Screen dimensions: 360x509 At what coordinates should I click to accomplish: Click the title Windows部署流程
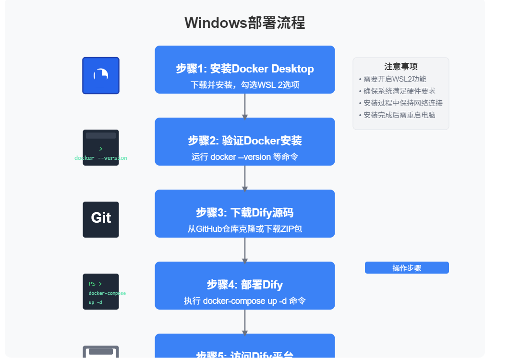(x=244, y=23)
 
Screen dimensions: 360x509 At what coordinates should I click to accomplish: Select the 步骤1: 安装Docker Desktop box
(x=244, y=69)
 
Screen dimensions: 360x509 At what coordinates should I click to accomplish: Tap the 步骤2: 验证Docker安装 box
(x=244, y=141)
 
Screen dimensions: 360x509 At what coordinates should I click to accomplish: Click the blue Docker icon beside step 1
(x=101, y=75)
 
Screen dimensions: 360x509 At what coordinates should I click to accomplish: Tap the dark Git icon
(x=101, y=219)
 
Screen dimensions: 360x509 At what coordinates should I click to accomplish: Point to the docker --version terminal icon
(x=101, y=148)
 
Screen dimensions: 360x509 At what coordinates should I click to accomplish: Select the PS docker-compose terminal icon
(x=101, y=291)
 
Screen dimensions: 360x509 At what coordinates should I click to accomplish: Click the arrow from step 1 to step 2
(x=245, y=106)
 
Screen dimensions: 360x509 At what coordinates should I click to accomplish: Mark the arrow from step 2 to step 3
(x=245, y=178)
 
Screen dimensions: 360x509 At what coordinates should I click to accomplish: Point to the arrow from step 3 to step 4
(x=245, y=250)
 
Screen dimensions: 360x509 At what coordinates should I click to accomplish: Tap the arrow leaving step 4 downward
(x=245, y=322)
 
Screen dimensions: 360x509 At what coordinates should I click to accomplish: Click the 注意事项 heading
(x=401, y=67)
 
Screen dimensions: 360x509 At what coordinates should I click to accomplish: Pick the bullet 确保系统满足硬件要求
(x=400, y=91)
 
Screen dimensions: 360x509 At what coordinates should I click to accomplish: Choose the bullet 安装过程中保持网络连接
(x=403, y=103)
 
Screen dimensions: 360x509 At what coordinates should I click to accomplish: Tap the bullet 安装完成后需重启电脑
(x=400, y=115)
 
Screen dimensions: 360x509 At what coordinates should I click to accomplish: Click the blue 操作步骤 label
(x=407, y=268)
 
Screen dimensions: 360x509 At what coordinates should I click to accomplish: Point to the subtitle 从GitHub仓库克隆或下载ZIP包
(x=244, y=229)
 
